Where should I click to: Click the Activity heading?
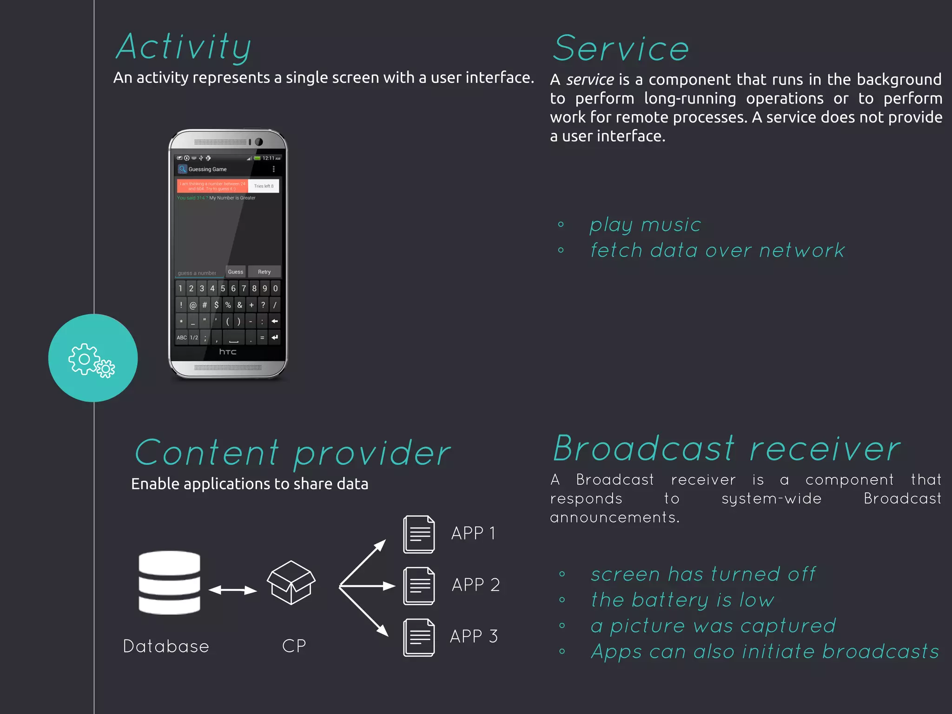click(x=184, y=48)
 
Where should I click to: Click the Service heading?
click(x=621, y=49)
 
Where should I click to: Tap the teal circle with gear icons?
click(x=93, y=358)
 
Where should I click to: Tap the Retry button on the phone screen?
click(x=264, y=272)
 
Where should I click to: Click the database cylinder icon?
click(x=169, y=582)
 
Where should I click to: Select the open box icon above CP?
click(x=291, y=582)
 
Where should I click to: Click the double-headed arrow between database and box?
click(x=232, y=590)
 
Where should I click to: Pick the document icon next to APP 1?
click(x=419, y=534)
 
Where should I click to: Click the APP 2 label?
click(x=476, y=585)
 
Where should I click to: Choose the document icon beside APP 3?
click(x=419, y=637)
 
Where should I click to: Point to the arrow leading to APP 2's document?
click(x=367, y=586)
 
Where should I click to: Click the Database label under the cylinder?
click(x=166, y=646)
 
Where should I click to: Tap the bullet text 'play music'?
click(x=645, y=225)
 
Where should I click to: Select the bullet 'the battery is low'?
click(x=682, y=600)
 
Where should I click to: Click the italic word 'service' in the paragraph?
click(x=590, y=80)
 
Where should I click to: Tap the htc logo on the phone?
click(x=228, y=352)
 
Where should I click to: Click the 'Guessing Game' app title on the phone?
click(x=207, y=169)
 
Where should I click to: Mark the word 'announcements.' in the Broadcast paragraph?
click(x=615, y=517)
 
